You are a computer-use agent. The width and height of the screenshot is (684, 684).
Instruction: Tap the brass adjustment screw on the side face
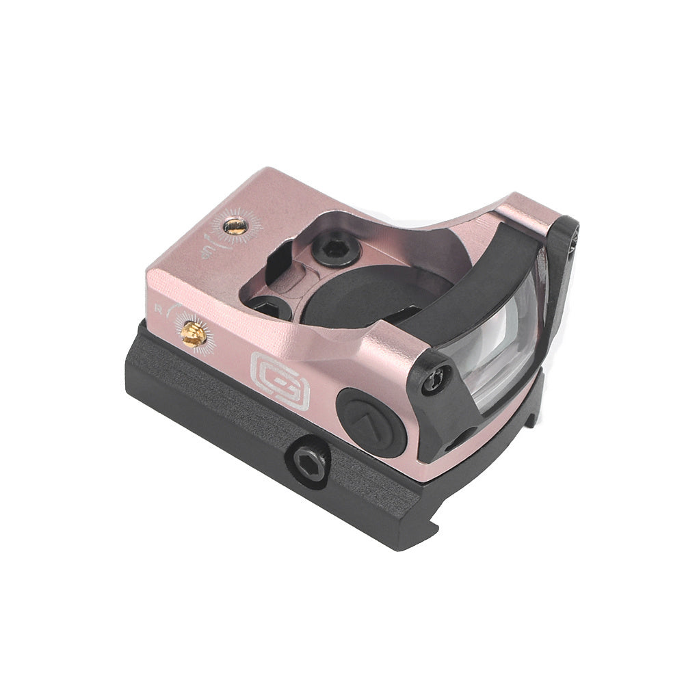coord(194,334)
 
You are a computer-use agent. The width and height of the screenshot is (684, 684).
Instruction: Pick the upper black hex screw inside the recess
coord(334,248)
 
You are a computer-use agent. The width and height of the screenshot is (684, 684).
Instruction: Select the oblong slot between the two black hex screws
coord(295,287)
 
